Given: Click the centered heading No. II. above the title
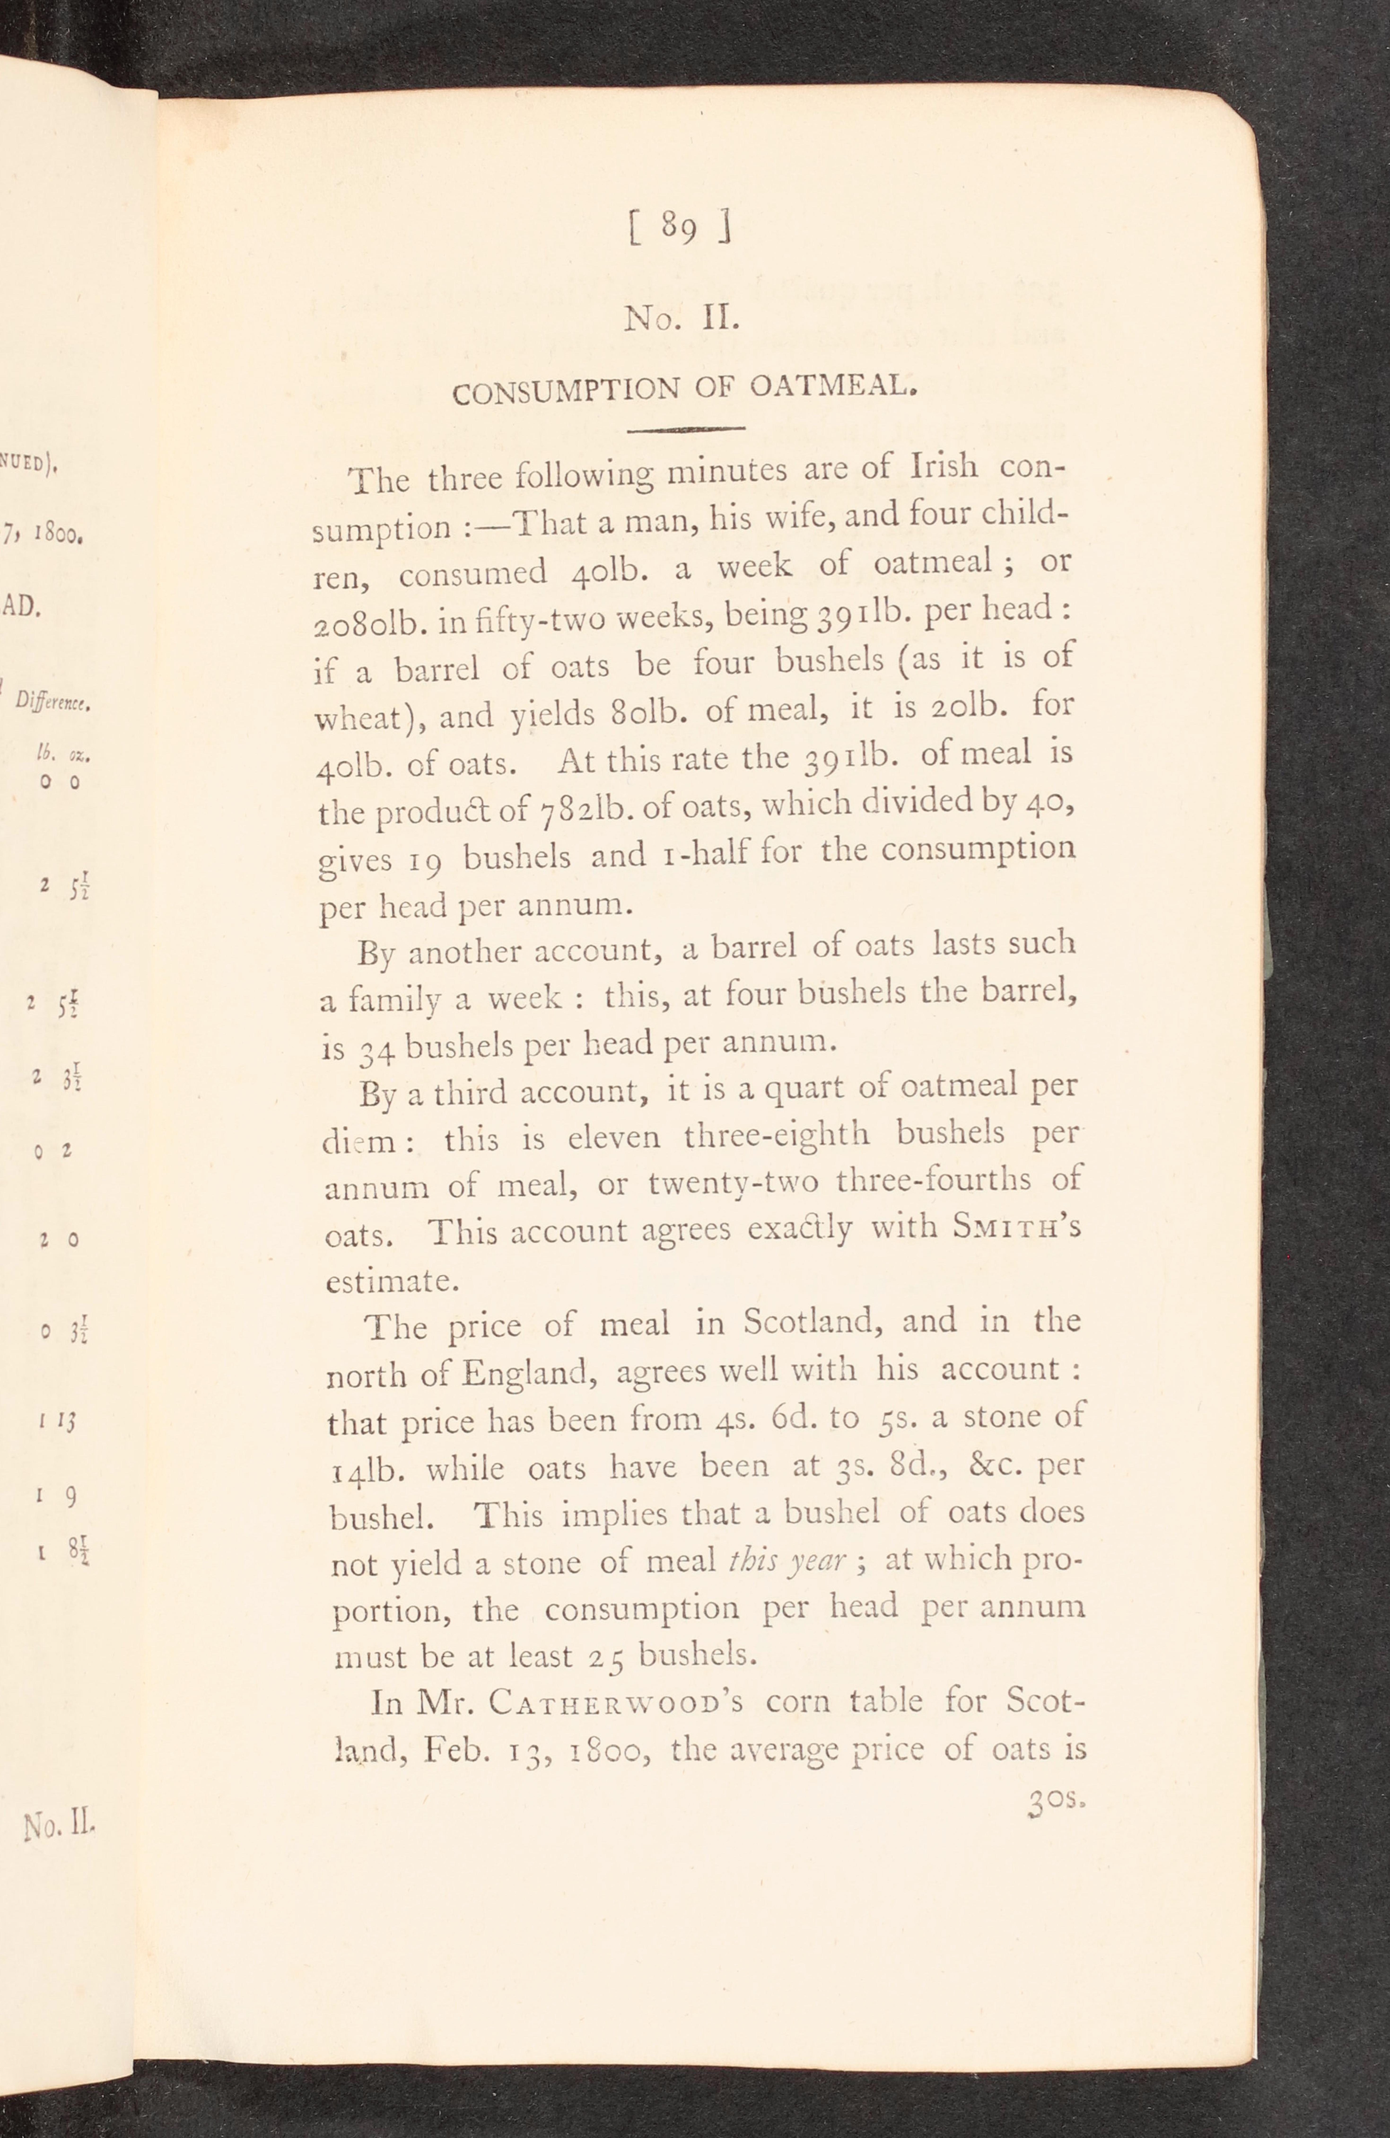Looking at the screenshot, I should tap(682, 319).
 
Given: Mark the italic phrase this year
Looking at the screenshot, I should tap(787, 1561).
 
